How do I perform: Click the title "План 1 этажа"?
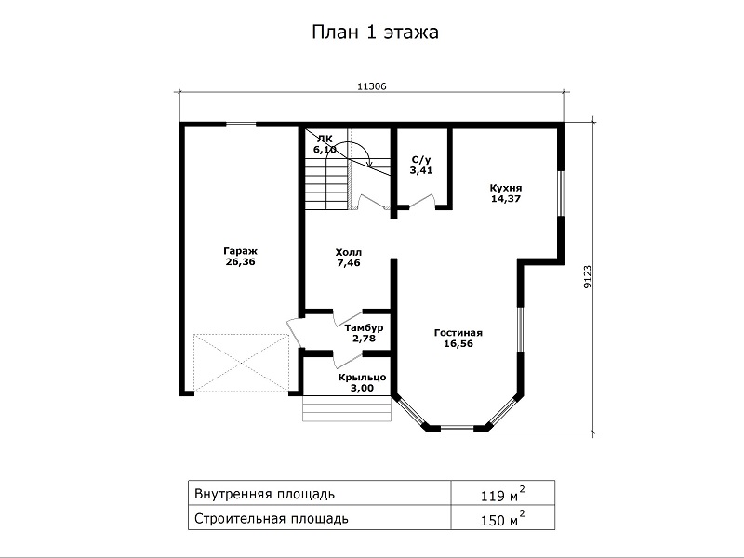coord(375,33)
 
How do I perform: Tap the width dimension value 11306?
coord(371,86)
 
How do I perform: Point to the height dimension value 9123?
coord(588,276)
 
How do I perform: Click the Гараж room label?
coord(240,251)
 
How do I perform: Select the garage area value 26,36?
coord(240,262)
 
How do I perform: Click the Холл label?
coord(348,252)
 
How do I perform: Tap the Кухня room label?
coord(506,188)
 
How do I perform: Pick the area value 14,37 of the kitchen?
coord(506,199)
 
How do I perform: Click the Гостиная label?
coord(458,333)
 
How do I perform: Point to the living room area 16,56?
coord(458,344)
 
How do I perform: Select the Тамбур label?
coord(364,328)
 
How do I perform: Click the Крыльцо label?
coord(362,378)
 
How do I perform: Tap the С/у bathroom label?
coord(421,160)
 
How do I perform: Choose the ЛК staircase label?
coord(325,139)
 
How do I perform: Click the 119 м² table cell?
coord(503,494)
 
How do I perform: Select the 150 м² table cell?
coord(503,518)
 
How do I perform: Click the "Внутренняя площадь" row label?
coord(265,495)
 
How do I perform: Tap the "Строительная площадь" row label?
coord(272,519)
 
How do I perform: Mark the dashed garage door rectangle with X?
coord(242,363)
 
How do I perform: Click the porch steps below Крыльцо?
coord(347,408)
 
